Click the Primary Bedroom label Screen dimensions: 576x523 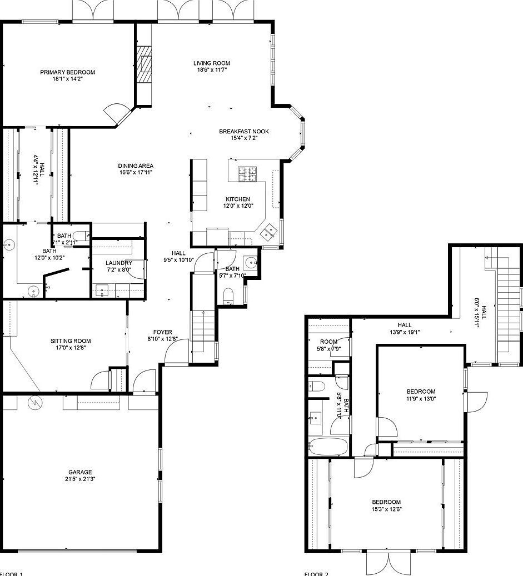pyautogui.click(x=67, y=72)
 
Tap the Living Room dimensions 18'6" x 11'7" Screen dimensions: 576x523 pyautogui.click(x=211, y=70)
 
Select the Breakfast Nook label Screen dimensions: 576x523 pyautogui.click(x=243, y=132)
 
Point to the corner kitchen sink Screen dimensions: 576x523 pyautogui.click(x=270, y=231)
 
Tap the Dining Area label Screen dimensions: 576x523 pyautogui.click(x=136, y=166)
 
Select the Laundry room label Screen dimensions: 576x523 pyautogui.click(x=119, y=263)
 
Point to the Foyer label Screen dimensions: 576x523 pyautogui.click(x=163, y=332)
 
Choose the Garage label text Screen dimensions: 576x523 pyautogui.click(x=80, y=472)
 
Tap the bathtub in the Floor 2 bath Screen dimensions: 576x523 pyautogui.click(x=328, y=447)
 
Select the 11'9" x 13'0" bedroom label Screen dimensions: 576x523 pyautogui.click(x=421, y=392)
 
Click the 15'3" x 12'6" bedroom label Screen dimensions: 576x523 pyautogui.click(x=386, y=502)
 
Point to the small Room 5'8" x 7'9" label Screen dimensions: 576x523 pyautogui.click(x=328, y=342)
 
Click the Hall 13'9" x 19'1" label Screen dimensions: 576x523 pyautogui.click(x=405, y=325)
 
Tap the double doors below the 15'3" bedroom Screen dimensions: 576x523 pyautogui.click(x=388, y=562)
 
